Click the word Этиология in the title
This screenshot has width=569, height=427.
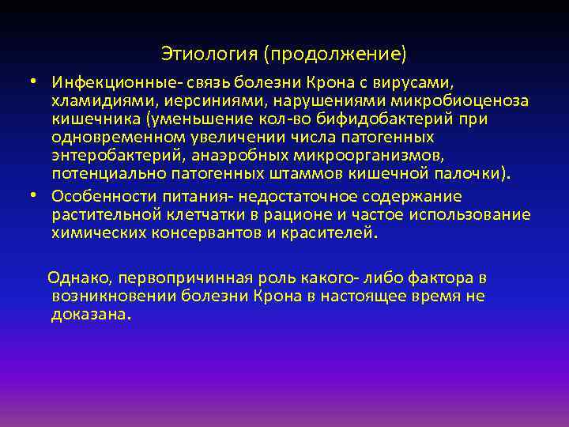point(209,54)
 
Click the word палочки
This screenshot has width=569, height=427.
point(478,173)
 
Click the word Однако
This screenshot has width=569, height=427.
point(72,278)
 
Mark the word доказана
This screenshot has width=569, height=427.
point(88,315)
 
